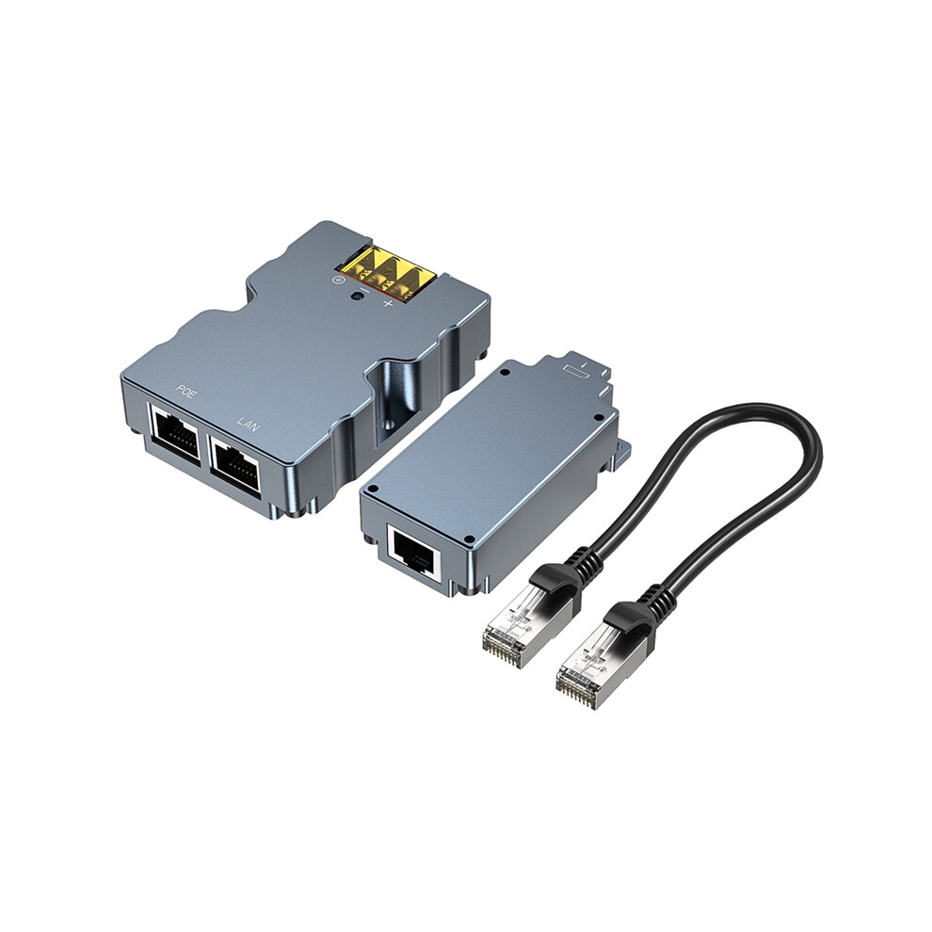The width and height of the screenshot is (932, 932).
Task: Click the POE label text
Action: [x=185, y=392]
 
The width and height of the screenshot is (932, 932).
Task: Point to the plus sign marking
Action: [x=389, y=305]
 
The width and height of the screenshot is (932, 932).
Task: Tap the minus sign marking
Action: [x=364, y=291]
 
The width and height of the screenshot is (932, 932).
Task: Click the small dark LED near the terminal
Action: [x=358, y=296]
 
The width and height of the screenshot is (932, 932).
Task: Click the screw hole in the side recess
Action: [x=389, y=425]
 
